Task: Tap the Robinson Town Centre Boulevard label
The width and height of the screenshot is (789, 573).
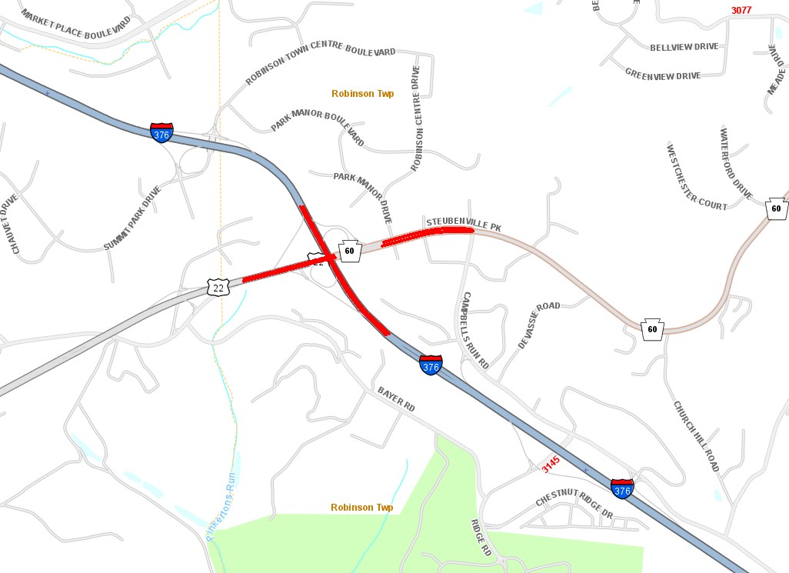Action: click(321, 65)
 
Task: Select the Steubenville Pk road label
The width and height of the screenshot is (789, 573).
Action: click(463, 224)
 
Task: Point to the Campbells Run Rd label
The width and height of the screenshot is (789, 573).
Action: click(475, 331)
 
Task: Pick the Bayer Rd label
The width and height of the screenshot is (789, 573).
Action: click(396, 398)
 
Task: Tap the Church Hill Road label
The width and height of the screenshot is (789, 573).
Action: click(696, 436)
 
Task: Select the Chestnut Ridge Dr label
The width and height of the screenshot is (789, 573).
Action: click(574, 508)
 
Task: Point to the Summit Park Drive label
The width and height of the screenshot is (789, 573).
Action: click(132, 218)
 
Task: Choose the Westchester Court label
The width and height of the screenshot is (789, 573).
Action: click(697, 177)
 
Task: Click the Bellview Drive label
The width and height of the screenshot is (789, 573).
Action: click(684, 47)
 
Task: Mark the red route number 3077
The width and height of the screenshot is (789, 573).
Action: click(741, 11)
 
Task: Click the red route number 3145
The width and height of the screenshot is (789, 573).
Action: click(551, 464)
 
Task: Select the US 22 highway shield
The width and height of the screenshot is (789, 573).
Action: click(218, 288)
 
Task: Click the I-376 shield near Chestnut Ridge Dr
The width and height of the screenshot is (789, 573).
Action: click(622, 488)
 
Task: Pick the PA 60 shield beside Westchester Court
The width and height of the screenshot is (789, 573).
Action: click(777, 208)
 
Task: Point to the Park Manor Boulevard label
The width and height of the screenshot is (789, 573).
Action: click(318, 128)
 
